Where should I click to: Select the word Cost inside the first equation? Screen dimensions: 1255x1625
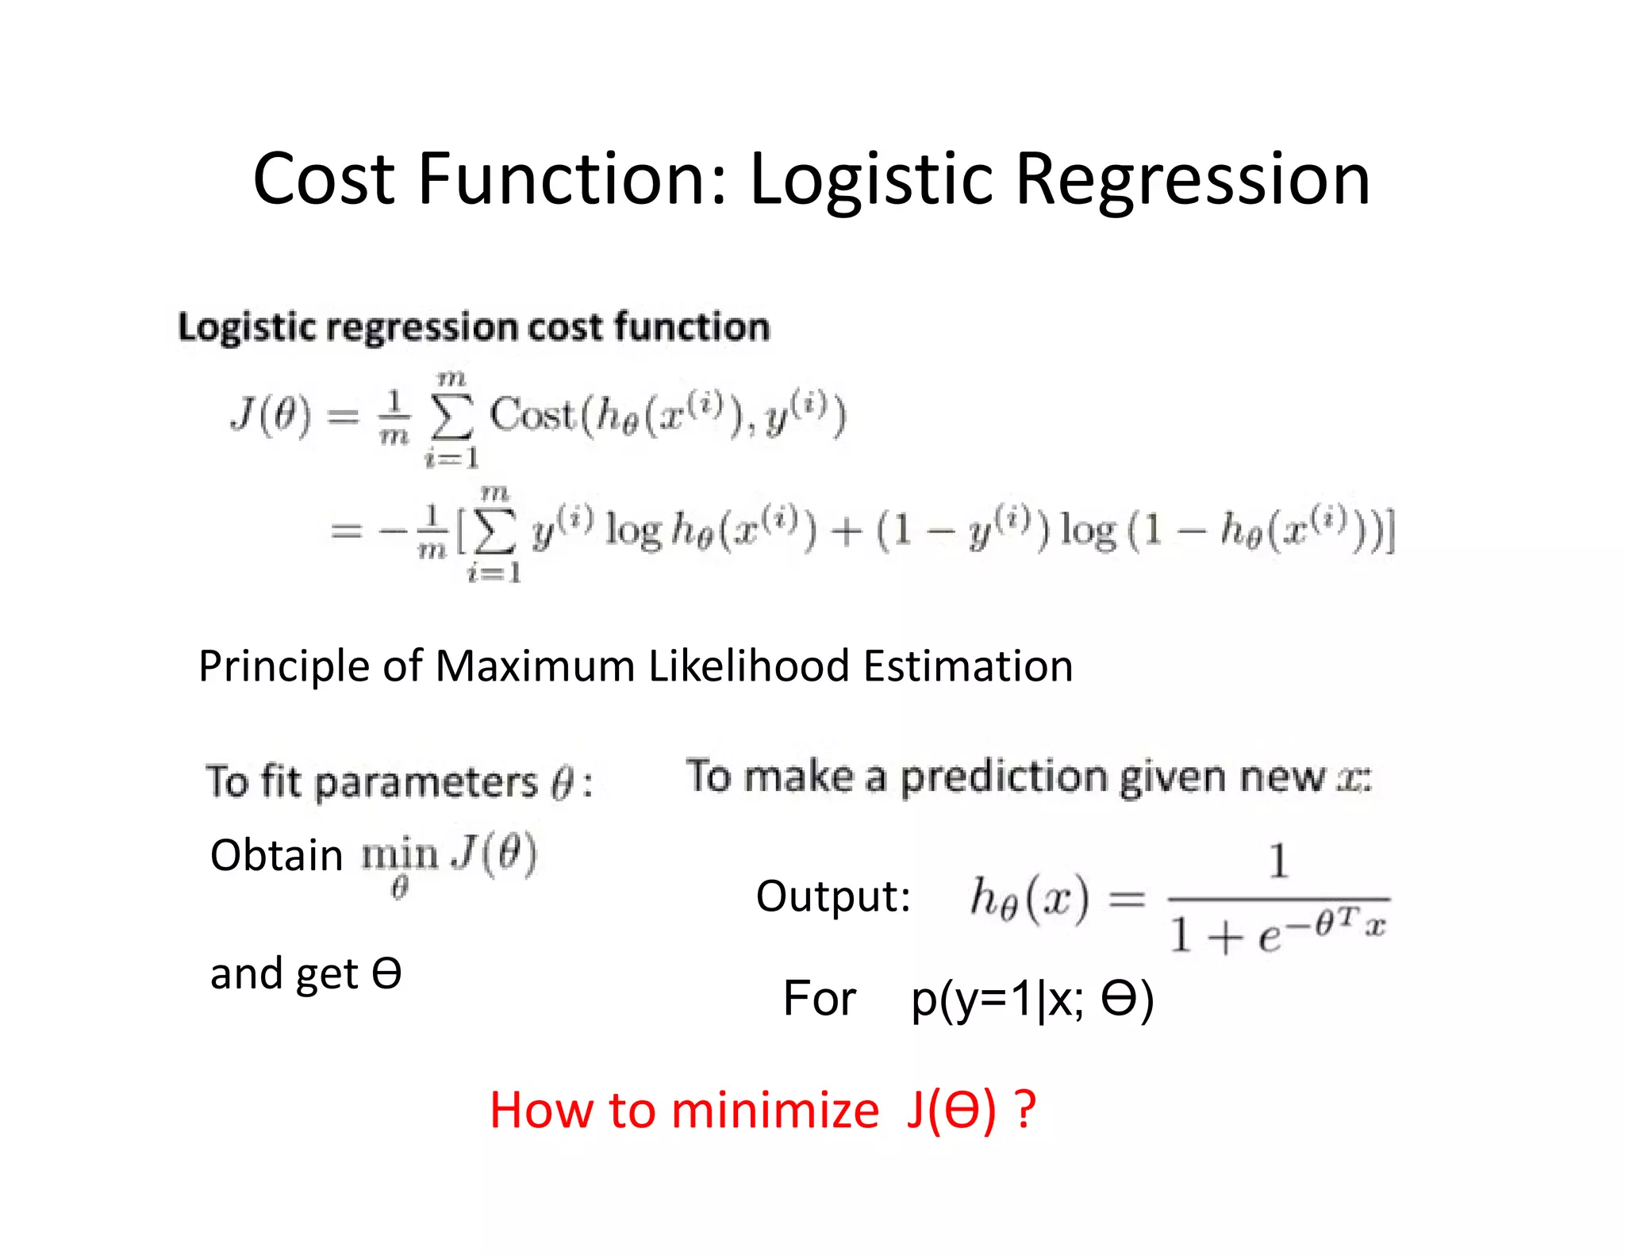click(531, 414)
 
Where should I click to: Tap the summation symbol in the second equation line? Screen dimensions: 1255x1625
click(494, 531)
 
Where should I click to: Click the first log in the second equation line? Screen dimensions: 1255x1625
click(632, 530)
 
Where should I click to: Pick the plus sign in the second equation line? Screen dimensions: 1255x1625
click(847, 531)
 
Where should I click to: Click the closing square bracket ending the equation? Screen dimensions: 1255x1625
click(1389, 531)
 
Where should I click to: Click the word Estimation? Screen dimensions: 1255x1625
click(968, 666)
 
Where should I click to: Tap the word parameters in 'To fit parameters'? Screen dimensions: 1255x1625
click(426, 782)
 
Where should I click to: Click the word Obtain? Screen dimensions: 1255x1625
click(276, 855)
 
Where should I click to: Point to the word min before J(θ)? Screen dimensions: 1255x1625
click(400, 855)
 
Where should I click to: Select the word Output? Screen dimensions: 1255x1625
click(832, 896)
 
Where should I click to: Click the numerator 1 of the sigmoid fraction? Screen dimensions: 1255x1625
click(1278, 861)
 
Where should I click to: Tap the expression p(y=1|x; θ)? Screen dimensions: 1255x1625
click(1031, 999)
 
